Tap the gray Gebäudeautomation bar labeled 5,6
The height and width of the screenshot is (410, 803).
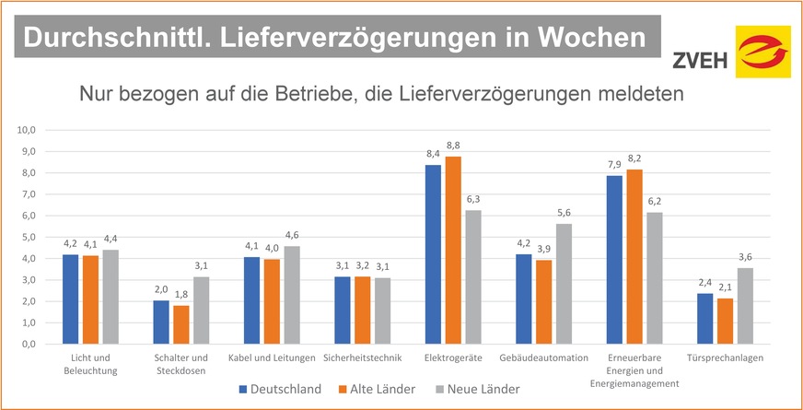(x=564, y=284)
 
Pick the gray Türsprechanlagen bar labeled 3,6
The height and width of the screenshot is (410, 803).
(x=744, y=305)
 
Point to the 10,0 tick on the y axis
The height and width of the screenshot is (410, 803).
(x=25, y=130)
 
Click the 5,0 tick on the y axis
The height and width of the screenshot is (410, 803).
(x=27, y=237)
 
